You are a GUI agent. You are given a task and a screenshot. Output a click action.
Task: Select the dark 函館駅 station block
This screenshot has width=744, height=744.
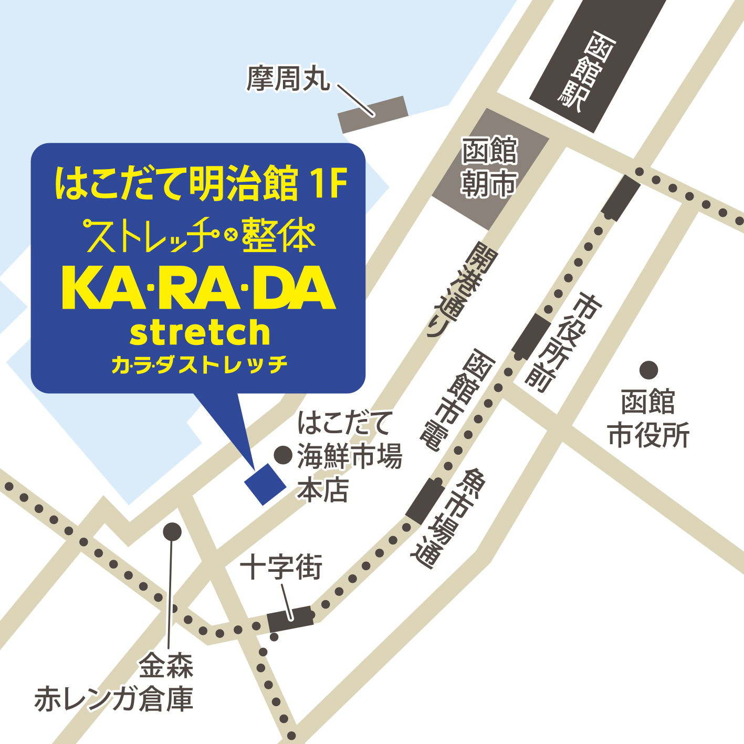pos(596,62)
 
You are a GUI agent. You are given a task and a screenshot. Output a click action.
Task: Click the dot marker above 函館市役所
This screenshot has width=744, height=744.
pos(648,370)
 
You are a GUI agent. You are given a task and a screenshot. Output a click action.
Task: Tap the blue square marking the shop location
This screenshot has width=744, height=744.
pos(265,484)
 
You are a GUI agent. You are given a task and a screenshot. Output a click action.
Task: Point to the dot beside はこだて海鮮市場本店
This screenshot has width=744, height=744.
pos(283,455)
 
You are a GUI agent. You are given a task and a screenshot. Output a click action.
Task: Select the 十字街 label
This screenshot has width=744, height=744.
pos(281,567)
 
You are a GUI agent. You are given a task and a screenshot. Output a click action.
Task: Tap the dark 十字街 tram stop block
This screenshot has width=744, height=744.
pos(290,619)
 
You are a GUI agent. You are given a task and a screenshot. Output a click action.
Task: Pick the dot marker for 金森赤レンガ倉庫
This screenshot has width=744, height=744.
pos(172,532)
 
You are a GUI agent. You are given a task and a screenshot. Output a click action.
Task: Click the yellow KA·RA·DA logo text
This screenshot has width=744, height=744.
pos(198,288)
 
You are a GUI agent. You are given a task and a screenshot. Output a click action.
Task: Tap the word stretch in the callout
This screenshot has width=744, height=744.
pos(200,333)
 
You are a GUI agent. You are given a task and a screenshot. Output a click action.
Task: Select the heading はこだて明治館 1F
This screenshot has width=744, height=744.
pos(202,184)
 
